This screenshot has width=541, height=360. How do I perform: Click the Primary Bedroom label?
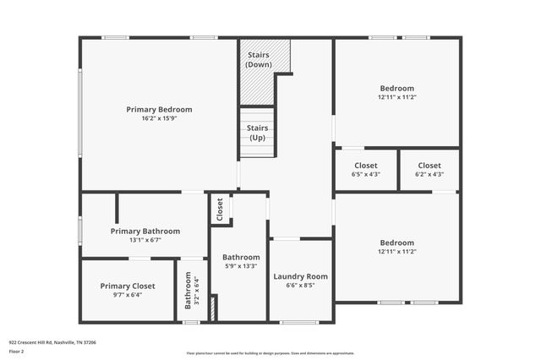(x=159, y=109)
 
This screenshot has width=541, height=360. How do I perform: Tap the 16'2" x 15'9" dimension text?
(x=159, y=118)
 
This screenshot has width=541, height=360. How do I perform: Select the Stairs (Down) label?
(x=258, y=59)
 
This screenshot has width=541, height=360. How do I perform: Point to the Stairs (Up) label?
(x=257, y=133)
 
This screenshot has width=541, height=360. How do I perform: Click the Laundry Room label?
(x=300, y=276)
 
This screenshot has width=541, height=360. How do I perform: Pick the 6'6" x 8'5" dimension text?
(x=300, y=286)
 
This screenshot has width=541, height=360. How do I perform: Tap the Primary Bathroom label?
(x=145, y=231)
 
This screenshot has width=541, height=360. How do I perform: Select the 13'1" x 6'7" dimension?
(x=145, y=240)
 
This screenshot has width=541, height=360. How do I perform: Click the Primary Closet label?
(x=128, y=286)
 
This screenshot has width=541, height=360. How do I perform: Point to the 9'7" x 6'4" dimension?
(x=128, y=295)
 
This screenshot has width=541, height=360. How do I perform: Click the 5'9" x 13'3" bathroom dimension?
(x=241, y=266)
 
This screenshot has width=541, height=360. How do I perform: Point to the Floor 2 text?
(x=16, y=351)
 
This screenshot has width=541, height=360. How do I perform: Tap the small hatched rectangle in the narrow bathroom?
(x=214, y=308)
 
